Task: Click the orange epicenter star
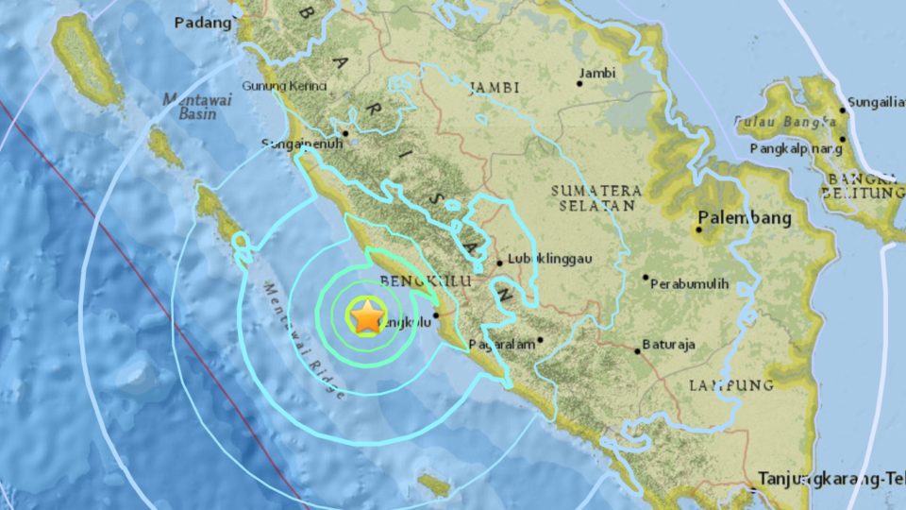click(x=367, y=315)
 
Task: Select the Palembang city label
click(x=745, y=218)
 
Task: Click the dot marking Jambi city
click(x=579, y=84)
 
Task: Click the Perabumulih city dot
click(x=646, y=278)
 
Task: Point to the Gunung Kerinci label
click(x=285, y=86)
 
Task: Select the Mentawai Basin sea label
click(x=189, y=106)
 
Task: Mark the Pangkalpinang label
click(x=796, y=148)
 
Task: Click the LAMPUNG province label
click(x=730, y=384)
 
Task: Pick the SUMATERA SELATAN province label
click(x=598, y=197)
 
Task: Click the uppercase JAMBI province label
click(x=494, y=87)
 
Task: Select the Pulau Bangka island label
click(x=785, y=121)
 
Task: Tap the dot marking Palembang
click(x=699, y=229)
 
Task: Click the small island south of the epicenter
click(x=434, y=485)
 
